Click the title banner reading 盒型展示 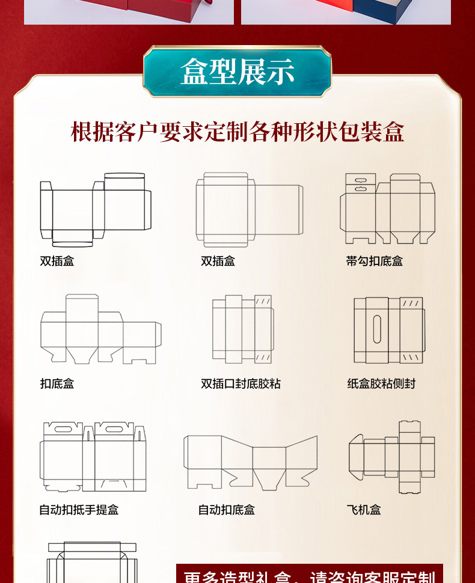tap(237, 72)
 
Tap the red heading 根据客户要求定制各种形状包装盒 tap(237, 132)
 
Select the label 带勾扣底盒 tap(374, 261)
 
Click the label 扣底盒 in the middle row tap(57, 383)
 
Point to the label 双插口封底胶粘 tap(241, 383)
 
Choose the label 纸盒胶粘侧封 tap(381, 383)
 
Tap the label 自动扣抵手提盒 tap(79, 510)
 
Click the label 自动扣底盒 tap(227, 510)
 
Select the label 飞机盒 tap(364, 510)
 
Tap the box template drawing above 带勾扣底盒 tap(387, 209)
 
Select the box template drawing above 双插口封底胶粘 tap(242, 329)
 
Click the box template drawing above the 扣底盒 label tap(100, 329)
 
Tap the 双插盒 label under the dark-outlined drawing tap(57, 261)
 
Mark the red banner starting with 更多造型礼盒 tap(309, 575)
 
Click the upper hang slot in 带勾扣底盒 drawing tap(360, 180)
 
